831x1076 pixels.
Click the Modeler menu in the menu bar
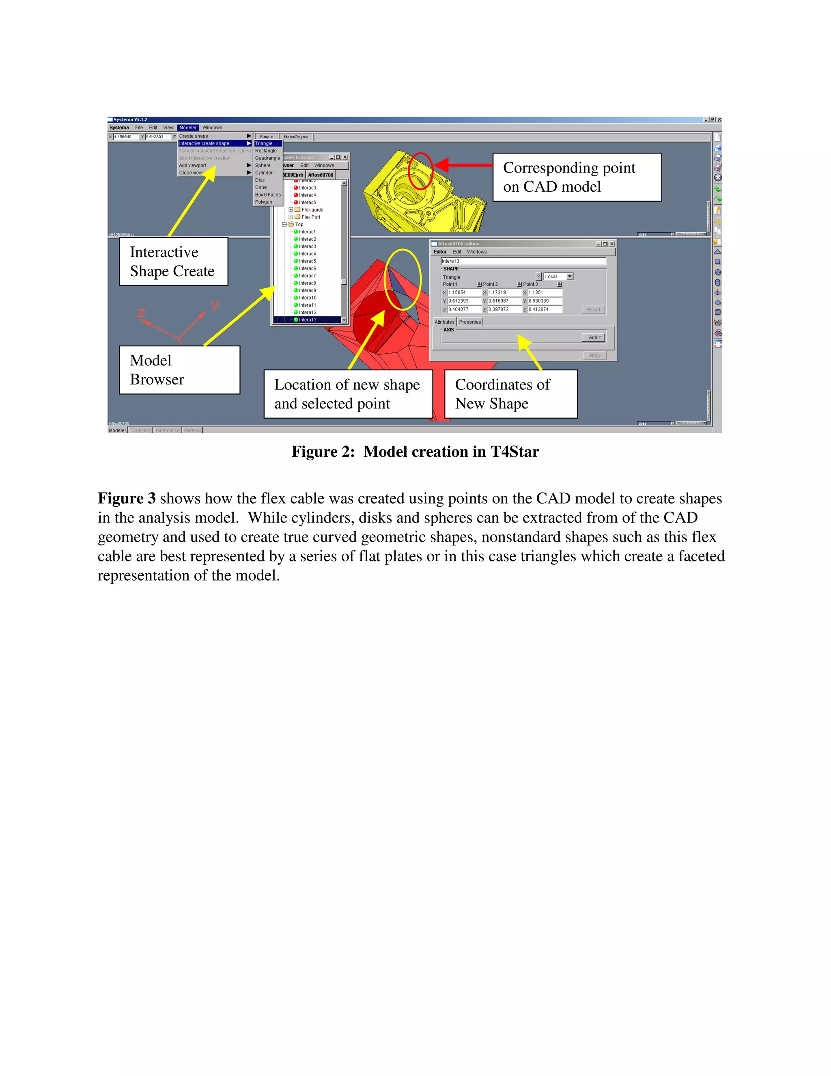[x=187, y=127]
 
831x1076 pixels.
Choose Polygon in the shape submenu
[x=263, y=202]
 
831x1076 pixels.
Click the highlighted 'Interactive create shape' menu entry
[x=205, y=143]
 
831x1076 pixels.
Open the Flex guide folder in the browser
[x=312, y=210]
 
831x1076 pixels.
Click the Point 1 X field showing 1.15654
[x=464, y=292]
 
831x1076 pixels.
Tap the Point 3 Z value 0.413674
[x=544, y=309]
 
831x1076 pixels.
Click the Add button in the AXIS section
[x=594, y=337]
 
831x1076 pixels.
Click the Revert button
[x=593, y=309]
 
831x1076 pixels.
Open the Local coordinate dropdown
[x=570, y=277]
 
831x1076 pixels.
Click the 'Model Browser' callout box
[x=179, y=369]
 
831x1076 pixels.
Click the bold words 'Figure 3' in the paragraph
[x=127, y=498]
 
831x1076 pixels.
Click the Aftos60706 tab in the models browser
[x=321, y=175]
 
